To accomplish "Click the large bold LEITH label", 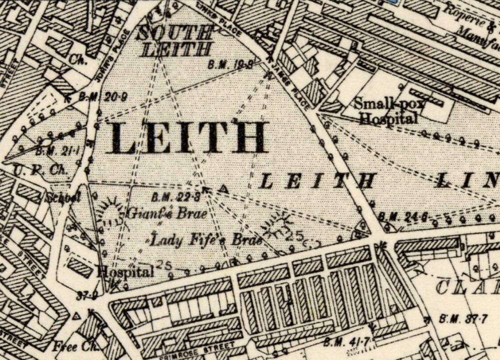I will point(185,137).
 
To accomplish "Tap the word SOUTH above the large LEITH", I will point(175,34).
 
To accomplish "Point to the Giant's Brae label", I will point(166,214).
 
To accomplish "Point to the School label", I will point(64,197).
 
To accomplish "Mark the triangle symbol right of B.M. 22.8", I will point(224,189).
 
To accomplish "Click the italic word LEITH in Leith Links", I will point(317,181).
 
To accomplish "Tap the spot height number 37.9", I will point(86,295).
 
